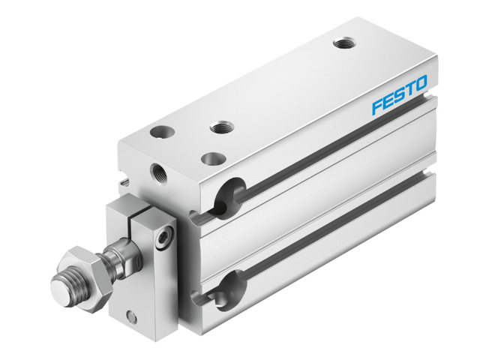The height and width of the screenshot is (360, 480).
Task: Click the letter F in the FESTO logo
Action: coord(376,107)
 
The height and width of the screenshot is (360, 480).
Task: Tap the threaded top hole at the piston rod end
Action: coord(220,127)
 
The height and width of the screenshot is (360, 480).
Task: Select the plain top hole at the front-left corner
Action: coord(160,132)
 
